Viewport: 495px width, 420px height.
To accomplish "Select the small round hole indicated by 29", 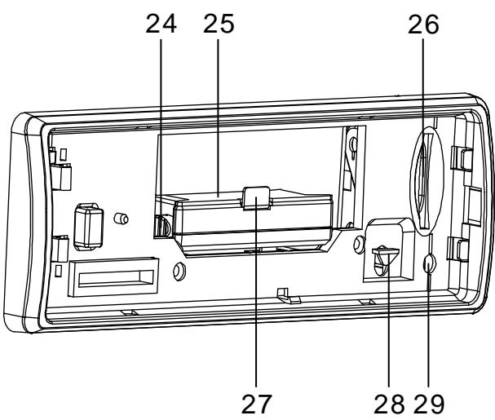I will [430, 263].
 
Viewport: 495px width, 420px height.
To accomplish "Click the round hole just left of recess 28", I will [358, 243].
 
